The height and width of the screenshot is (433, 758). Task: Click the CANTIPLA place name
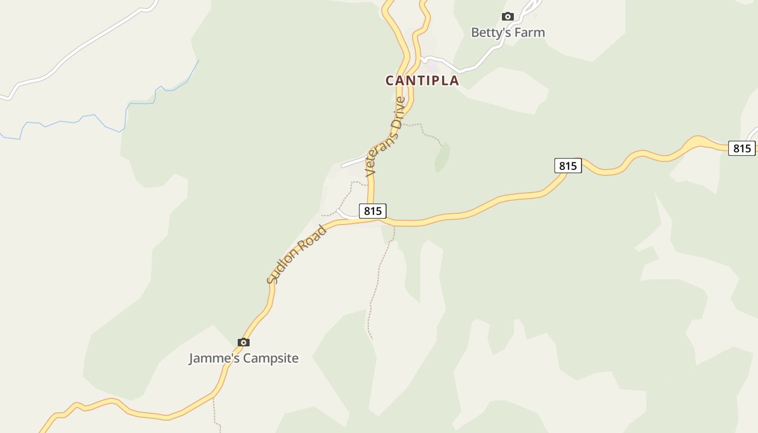click(422, 81)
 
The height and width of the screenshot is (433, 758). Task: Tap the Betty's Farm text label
click(507, 32)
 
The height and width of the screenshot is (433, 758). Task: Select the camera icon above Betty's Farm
click(507, 17)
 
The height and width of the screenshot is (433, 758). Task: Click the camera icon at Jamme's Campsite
click(244, 342)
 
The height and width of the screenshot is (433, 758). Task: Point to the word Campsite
click(271, 358)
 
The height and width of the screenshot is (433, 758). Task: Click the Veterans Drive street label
click(385, 136)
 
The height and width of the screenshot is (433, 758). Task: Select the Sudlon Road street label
click(297, 254)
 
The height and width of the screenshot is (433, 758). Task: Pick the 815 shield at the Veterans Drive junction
click(373, 211)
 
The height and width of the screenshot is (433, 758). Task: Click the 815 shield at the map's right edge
click(741, 148)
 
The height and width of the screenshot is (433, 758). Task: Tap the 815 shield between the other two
click(567, 166)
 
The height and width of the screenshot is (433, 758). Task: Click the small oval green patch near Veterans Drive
click(442, 158)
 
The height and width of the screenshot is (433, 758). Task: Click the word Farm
click(530, 32)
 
